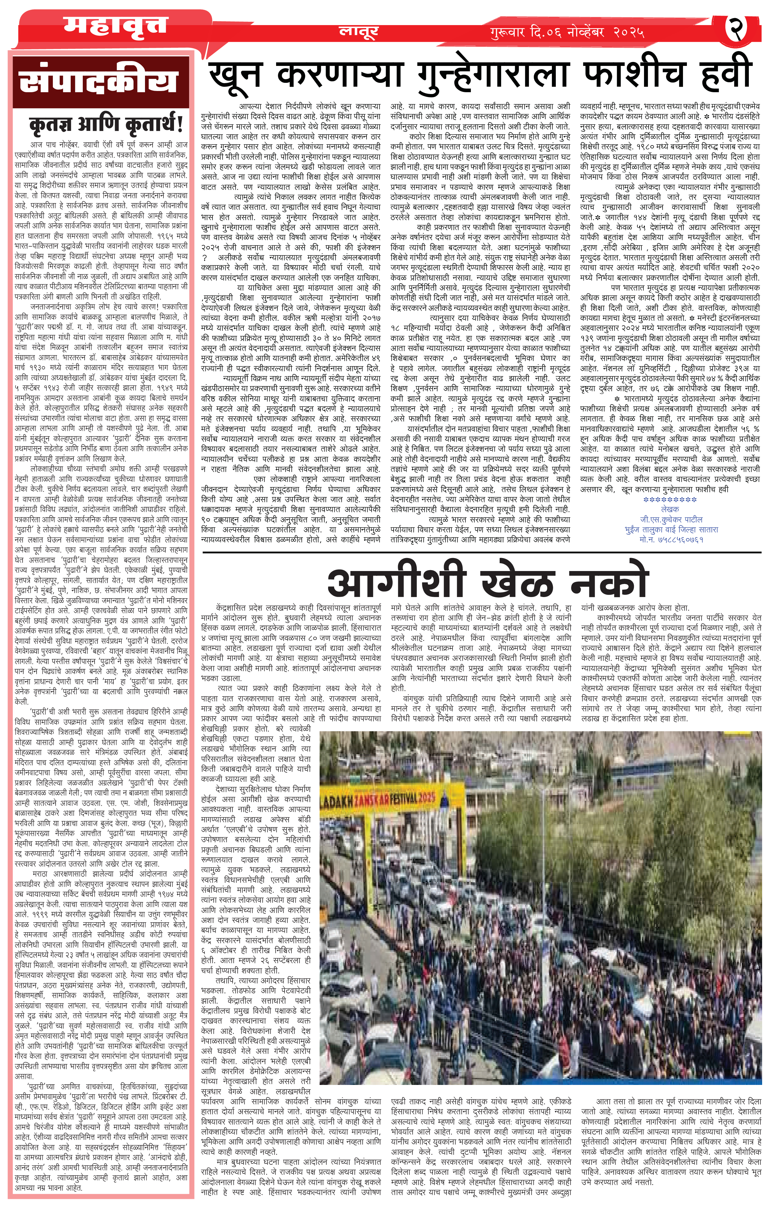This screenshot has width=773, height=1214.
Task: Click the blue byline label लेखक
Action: (670, 509)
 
